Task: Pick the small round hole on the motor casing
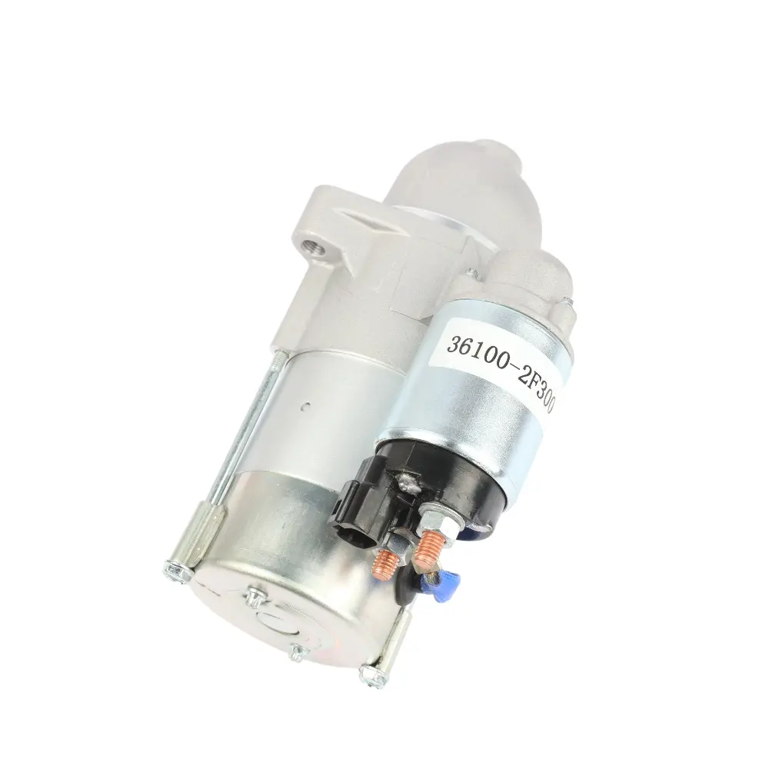coord(307,405)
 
